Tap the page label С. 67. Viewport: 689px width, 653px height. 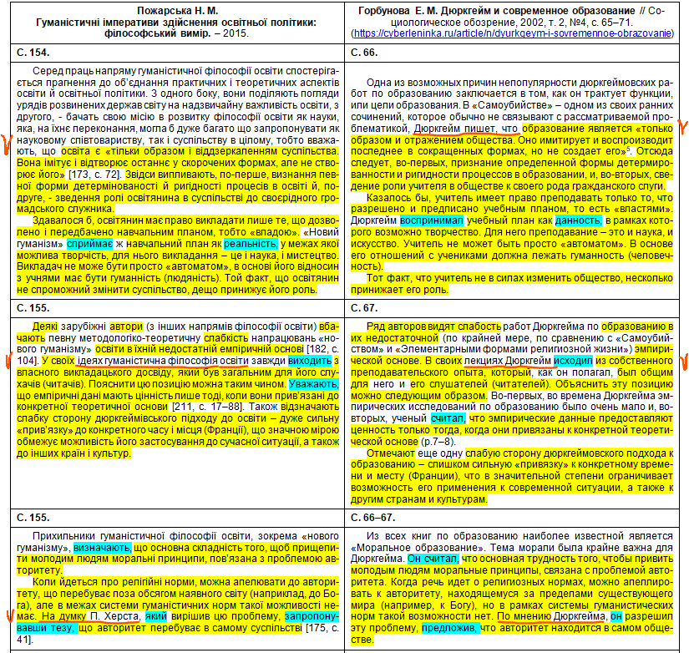pyautogui.click(x=367, y=308)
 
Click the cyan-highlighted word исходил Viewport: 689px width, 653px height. pyautogui.click(x=572, y=359)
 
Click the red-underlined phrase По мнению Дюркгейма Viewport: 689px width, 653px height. pyautogui.click(x=552, y=616)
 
